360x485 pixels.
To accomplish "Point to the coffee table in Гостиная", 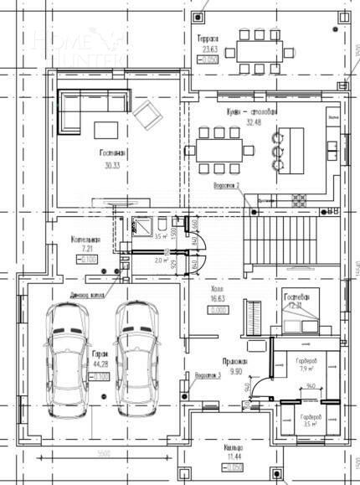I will click(107, 129).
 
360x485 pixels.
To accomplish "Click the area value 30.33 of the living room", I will click(112, 166).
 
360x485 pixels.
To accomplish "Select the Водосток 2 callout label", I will click(227, 184).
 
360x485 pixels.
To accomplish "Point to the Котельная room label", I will click(86, 240).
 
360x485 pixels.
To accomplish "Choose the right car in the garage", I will click(136, 356).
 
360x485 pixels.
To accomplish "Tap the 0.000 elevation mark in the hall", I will click(219, 309).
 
